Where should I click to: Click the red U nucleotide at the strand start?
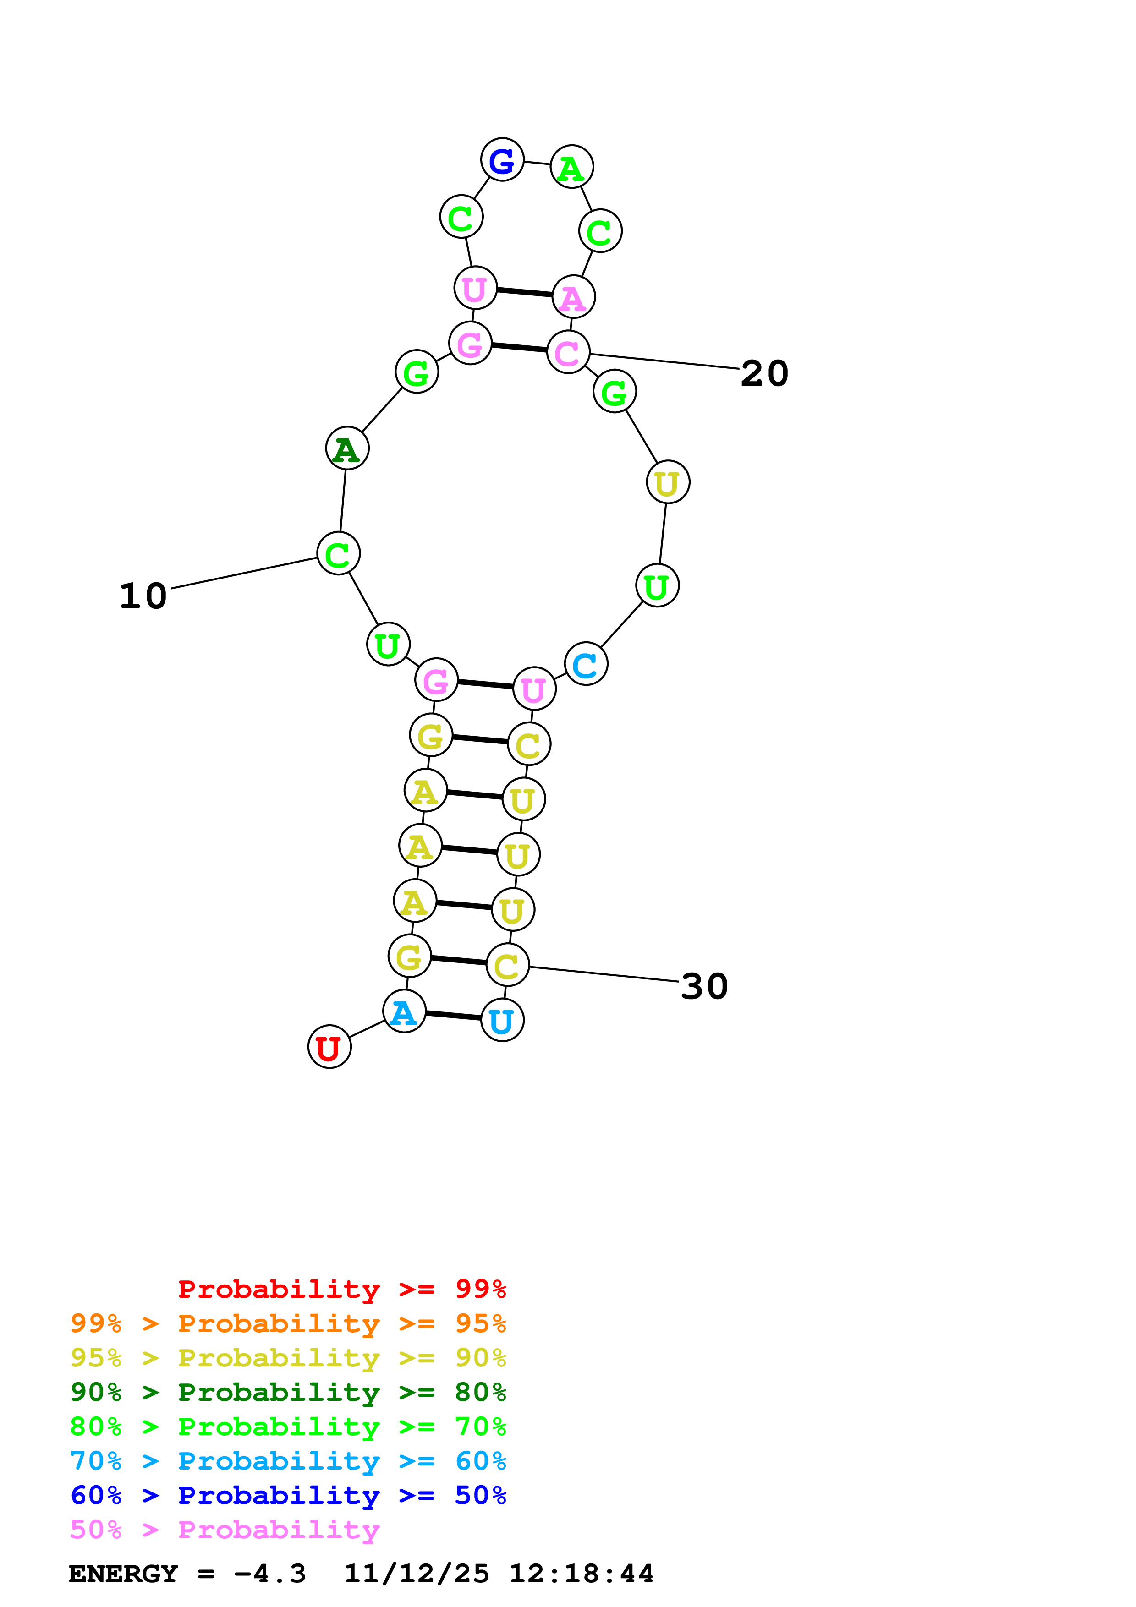(329, 1047)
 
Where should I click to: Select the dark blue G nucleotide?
(502, 160)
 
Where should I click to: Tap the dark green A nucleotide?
(347, 448)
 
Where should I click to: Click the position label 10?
(143, 596)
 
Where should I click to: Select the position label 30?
(704, 986)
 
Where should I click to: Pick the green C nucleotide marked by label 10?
(338, 554)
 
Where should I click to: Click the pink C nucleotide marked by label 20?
(568, 352)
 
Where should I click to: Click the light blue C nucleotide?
(586, 663)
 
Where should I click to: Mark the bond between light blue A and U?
(454, 1016)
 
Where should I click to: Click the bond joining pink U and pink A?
(524, 293)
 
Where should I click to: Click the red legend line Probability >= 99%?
(341, 1289)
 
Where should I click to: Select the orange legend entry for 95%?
(288, 1323)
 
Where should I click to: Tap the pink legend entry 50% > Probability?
(225, 1530)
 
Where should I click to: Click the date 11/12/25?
(417, 1574)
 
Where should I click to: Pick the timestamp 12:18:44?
(581, 1574)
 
